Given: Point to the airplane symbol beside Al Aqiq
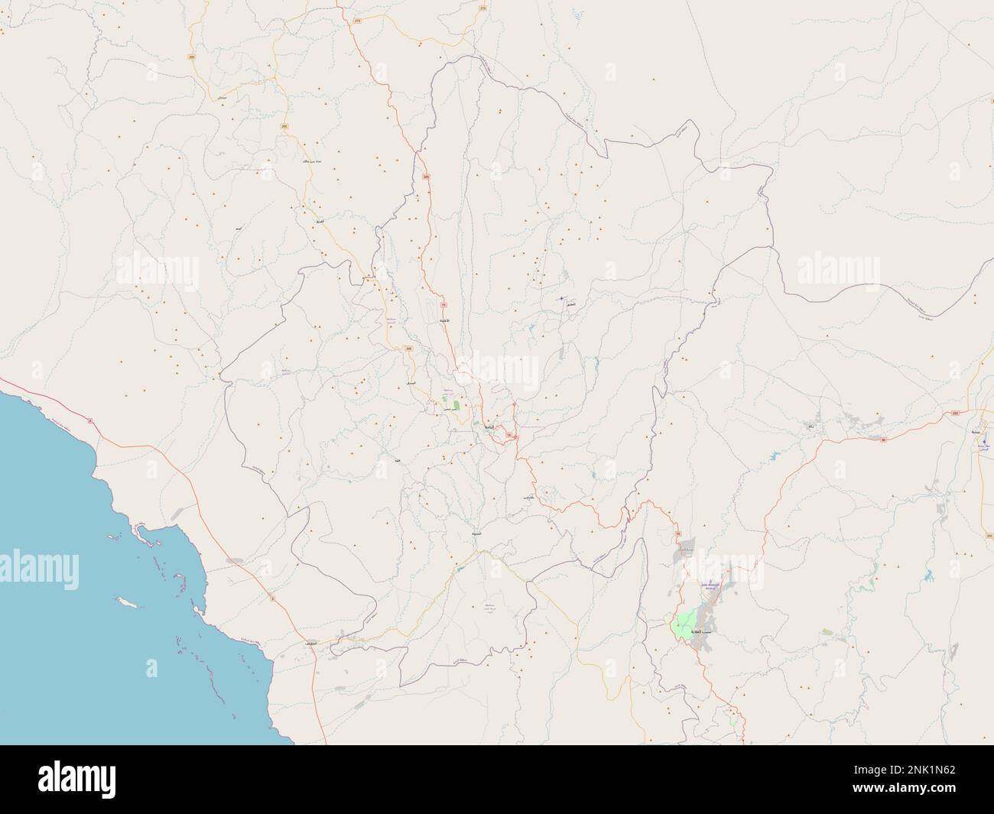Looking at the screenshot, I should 561,297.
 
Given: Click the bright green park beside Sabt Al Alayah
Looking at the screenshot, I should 683,626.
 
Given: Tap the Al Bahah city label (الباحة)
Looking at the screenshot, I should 486,426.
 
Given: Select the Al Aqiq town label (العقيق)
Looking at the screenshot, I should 570,304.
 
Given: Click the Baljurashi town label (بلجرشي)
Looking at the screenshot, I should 527,498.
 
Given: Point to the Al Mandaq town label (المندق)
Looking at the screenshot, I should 411,382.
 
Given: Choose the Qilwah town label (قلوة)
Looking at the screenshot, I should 397,462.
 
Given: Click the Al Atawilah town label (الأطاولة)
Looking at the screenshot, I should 443,322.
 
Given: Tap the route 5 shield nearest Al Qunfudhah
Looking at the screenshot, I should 271,598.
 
